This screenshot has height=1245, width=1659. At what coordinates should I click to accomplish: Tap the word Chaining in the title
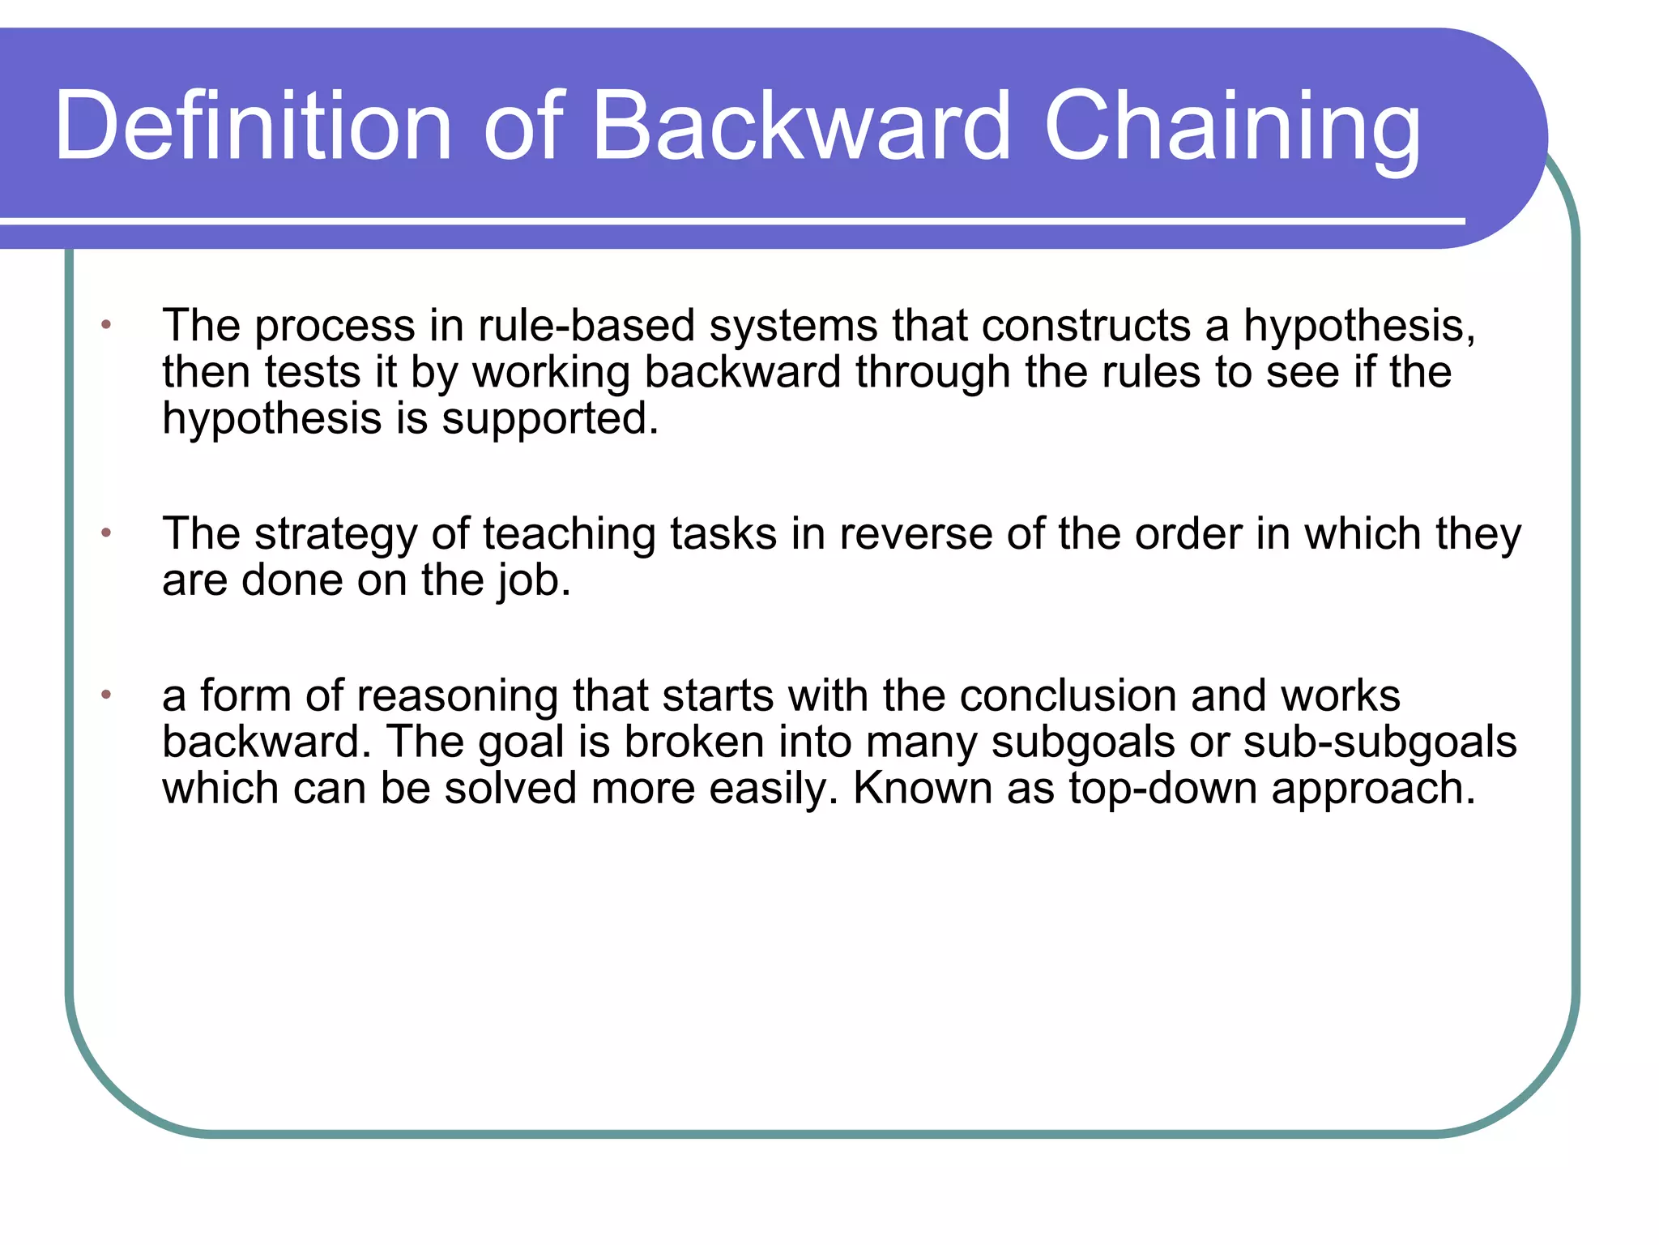tap(1232, 126)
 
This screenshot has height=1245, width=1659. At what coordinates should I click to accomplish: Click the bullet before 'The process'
tap(106, 325)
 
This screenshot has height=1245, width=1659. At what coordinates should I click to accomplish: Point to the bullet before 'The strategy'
tap(106, 533)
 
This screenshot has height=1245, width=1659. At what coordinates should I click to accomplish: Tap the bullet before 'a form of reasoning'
tap(106, 695)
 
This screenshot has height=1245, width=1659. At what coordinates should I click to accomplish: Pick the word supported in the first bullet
tap(550, 419)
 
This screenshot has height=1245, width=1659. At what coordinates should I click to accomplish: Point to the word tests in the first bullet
tap(313, 372)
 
